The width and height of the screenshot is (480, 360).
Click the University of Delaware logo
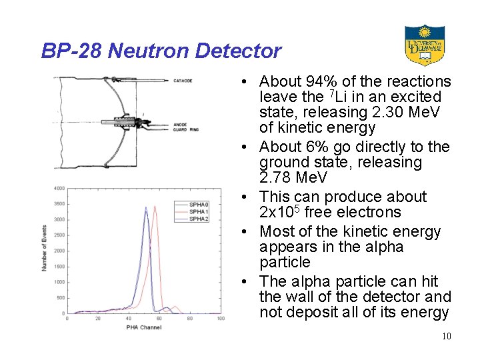coord(424,45)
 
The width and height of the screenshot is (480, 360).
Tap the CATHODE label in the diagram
coord(183,81)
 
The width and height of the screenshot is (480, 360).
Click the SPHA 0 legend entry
coord(199,204)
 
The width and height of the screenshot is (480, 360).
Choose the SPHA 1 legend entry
coord(199,211)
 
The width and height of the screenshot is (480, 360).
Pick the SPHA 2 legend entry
coord(199,219)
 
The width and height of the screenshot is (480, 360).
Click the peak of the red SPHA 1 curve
coord(155,207)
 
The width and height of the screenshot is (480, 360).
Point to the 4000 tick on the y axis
coord(59,188)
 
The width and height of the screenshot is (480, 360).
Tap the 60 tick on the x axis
coord(159,319)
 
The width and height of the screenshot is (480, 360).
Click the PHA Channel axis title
coord(143,327)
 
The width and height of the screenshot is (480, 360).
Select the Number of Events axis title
coord(45,249)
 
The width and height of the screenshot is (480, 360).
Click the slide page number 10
coord(446,336)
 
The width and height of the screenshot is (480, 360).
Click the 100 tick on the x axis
coord(221,319)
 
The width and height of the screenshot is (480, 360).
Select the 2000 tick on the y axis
coord(59,251)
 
